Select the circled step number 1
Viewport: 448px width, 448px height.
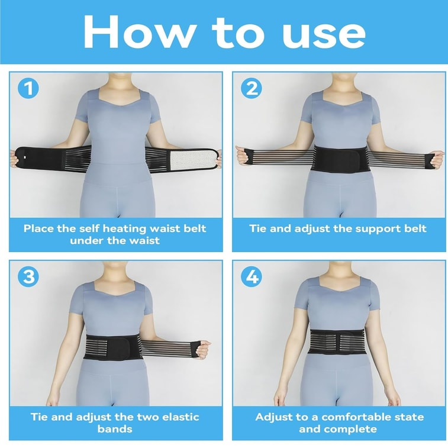click(28, 88)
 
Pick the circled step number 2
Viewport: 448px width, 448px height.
click(252, 88)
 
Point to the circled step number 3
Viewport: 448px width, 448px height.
click(28, 276)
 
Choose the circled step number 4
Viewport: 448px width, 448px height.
click(252, 276)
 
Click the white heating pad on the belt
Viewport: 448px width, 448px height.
click(194, 159)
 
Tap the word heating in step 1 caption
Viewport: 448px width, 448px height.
click(124, 229)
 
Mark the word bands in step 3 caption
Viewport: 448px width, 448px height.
click(115, 429)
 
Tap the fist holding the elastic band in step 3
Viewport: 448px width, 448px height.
click(203, 349)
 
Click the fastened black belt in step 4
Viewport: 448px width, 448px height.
click(337, 341)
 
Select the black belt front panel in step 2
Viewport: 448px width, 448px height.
click(340, 159)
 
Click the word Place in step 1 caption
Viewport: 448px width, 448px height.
click(39, 228)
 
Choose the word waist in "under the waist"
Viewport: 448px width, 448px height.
click(144, 241)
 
